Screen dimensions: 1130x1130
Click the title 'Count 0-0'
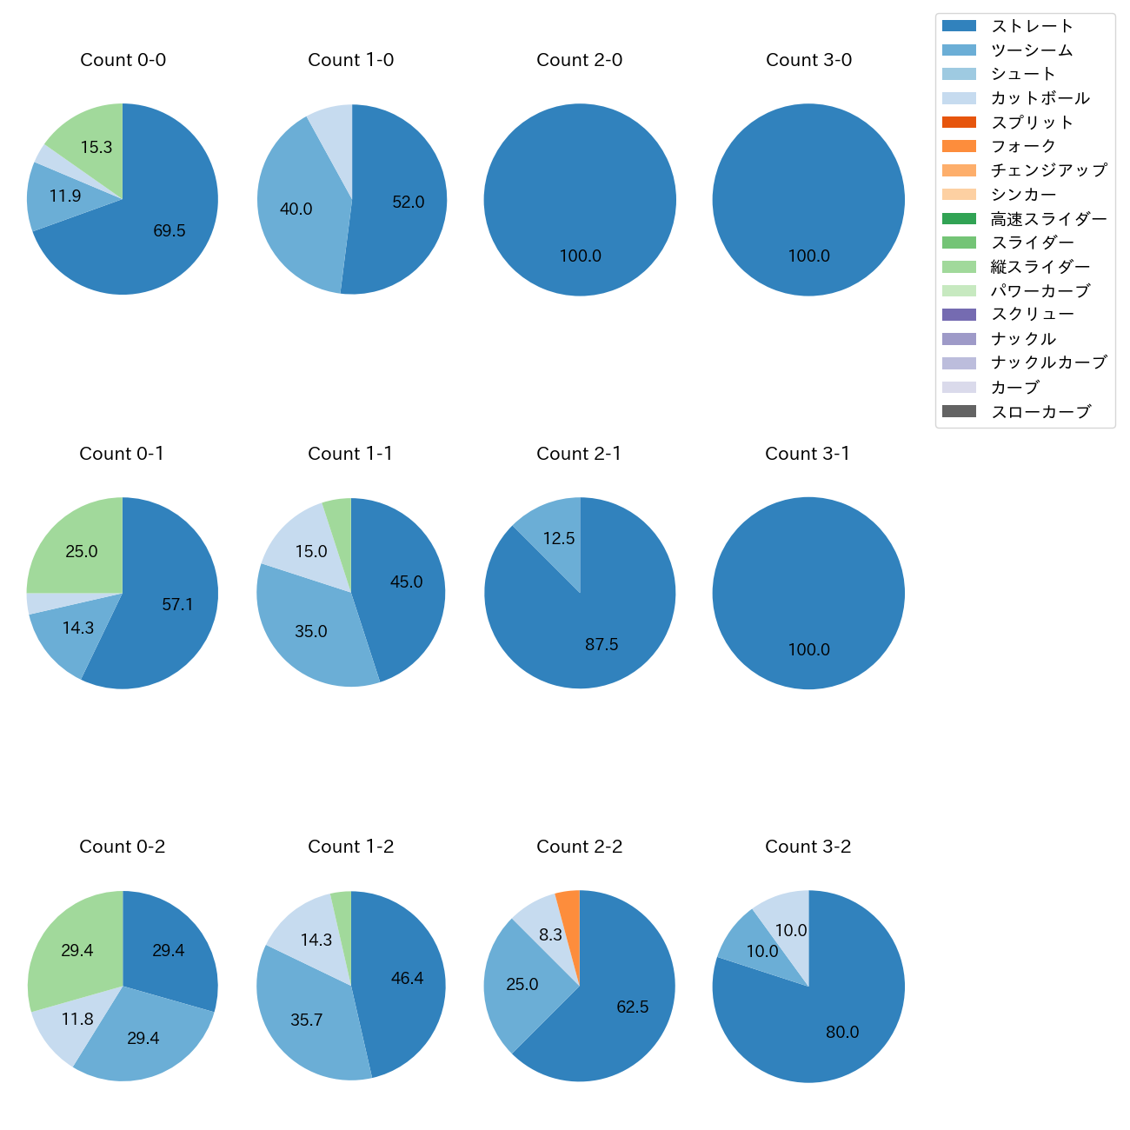(x=123, y=60)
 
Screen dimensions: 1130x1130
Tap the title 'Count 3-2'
(x=808, y=847)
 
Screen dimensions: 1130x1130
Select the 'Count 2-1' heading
(x=579, y=454)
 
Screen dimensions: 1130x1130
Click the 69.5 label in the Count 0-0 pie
(x=169, y=231)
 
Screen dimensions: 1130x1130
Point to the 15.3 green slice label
(x=96, y=148)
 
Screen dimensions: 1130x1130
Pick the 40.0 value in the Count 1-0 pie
(x=296, y=209)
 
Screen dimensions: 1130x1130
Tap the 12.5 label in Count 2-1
(x=559, y=539)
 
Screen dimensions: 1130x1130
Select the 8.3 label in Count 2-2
(x=550, y=935)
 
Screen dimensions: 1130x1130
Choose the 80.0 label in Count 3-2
(x=842, y=1032)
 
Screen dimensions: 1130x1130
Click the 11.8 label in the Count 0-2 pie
(x=77, y=1019)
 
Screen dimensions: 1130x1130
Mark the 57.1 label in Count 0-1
(x=177, y=605)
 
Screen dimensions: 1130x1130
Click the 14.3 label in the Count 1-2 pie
(x=316, y=941)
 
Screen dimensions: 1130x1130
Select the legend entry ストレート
(x=1033, y=26)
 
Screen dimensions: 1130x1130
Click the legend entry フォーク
(x=1023, y=146)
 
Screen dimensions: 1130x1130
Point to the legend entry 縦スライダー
(x=1040, y=267)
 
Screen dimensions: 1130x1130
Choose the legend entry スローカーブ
(x=1040, y=412)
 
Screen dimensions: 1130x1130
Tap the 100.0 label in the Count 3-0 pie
(x=808, y=256)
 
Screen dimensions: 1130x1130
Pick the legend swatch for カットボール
(x=959, y=98)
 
